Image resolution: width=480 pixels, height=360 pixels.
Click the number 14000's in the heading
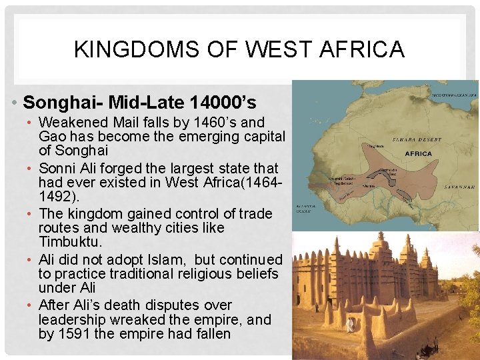tap(223, 103)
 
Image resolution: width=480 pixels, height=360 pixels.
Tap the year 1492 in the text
tap(55, 197)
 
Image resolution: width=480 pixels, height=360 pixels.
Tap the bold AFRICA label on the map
tap(417, 154)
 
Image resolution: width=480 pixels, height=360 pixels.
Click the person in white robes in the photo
tap(349, 324)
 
